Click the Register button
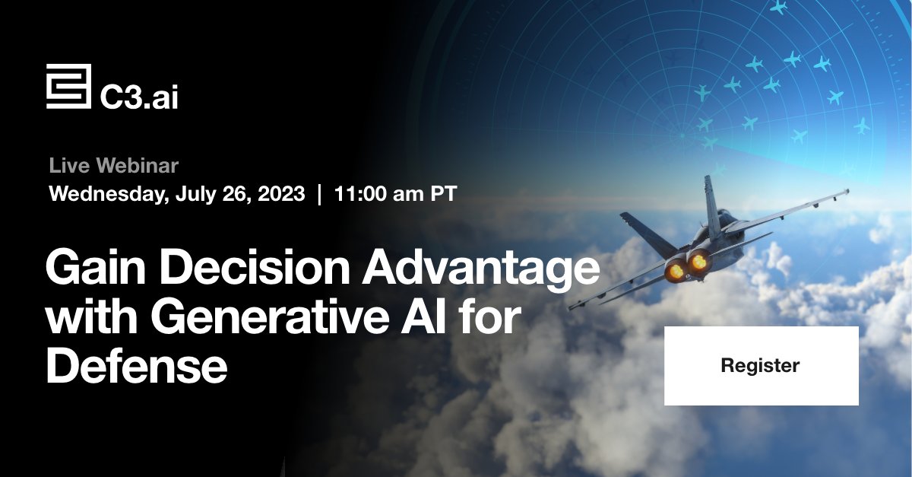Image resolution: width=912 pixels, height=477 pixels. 761,366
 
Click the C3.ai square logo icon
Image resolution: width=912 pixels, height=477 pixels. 68,87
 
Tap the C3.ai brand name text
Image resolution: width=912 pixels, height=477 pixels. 139,96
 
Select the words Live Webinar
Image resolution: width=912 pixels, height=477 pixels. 114,165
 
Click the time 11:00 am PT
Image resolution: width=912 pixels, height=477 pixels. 395,194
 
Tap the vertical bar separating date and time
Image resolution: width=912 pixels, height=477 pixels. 319,194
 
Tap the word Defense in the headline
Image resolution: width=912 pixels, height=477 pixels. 137,367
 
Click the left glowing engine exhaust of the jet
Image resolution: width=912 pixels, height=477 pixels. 673,269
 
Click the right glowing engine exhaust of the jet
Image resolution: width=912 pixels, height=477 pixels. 697,263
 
